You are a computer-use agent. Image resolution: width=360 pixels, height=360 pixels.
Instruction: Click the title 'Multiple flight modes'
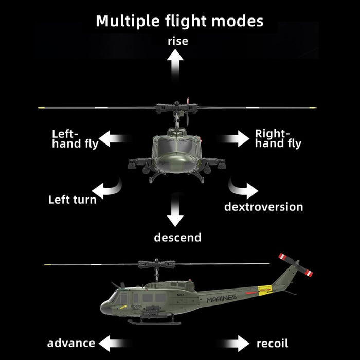click(179, 21)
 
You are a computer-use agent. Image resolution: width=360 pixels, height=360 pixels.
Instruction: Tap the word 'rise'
click(177, 41)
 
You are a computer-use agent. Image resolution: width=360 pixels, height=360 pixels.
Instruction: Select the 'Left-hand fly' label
click(75, 139)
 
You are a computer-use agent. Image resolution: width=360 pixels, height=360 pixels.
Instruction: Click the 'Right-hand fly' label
click(278, 139)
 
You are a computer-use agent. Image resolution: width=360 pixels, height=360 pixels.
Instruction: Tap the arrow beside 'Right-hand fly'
click(236, 138)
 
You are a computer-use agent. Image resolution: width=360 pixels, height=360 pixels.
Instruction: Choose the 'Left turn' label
click(72, 200)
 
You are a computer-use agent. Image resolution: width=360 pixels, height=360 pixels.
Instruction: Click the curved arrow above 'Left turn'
click(111, 189)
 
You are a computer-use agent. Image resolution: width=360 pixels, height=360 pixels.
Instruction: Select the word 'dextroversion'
click(263, 207)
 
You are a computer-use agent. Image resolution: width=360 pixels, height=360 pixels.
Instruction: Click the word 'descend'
click(177, 238)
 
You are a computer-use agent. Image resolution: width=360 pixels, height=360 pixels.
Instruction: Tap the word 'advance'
click(71, 343)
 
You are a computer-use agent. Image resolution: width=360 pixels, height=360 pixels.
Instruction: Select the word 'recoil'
click(272, 343)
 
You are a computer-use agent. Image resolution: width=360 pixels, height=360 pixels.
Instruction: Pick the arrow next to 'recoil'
click(236, 343)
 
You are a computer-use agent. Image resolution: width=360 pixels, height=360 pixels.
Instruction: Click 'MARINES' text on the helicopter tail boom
click(222, 298)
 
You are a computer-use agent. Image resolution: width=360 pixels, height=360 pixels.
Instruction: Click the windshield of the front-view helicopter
click(176, 148)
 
